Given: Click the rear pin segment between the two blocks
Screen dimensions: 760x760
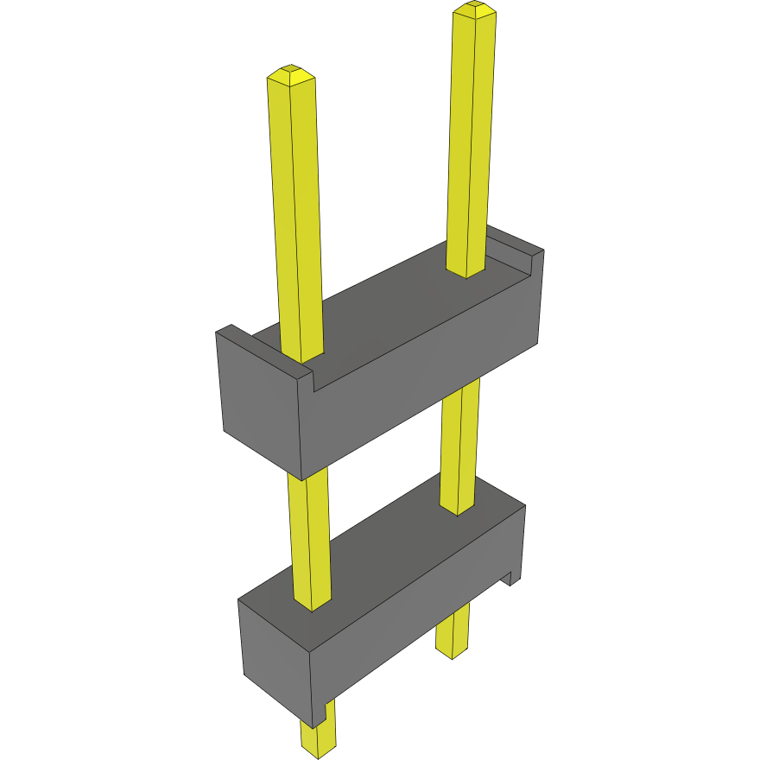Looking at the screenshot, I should click(459, 449).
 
